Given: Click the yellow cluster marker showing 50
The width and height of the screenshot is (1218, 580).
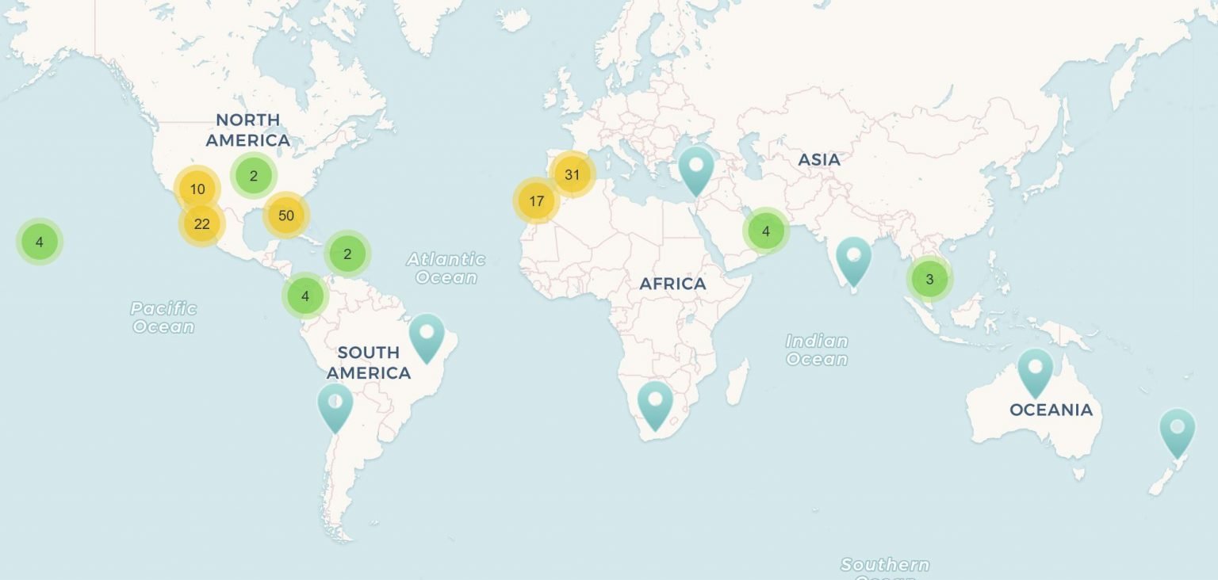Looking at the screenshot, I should pos(286,216).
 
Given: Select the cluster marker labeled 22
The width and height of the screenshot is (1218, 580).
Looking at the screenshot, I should pos(202,224).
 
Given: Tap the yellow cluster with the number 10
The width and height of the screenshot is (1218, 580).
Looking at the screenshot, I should pos(197,189).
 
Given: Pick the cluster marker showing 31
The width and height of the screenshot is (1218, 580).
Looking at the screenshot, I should pos(573,175).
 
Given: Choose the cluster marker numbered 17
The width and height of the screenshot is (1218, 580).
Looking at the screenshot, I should pos(537,200).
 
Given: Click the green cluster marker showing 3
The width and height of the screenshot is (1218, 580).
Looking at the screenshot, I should pos(929,279).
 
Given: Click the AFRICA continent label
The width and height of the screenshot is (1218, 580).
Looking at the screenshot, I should pos(672,284).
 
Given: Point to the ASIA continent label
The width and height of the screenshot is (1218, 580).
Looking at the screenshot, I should pos(819,159).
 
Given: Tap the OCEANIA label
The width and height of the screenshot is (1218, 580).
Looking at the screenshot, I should pos(1051,410).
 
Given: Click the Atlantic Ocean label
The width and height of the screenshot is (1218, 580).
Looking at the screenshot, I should pos(446,268).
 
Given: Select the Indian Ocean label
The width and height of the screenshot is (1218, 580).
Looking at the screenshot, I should pos(817,349).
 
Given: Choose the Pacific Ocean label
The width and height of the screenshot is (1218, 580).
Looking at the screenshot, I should pos(163,317).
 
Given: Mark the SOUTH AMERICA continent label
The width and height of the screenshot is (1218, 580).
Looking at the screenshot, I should pos(369,362).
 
